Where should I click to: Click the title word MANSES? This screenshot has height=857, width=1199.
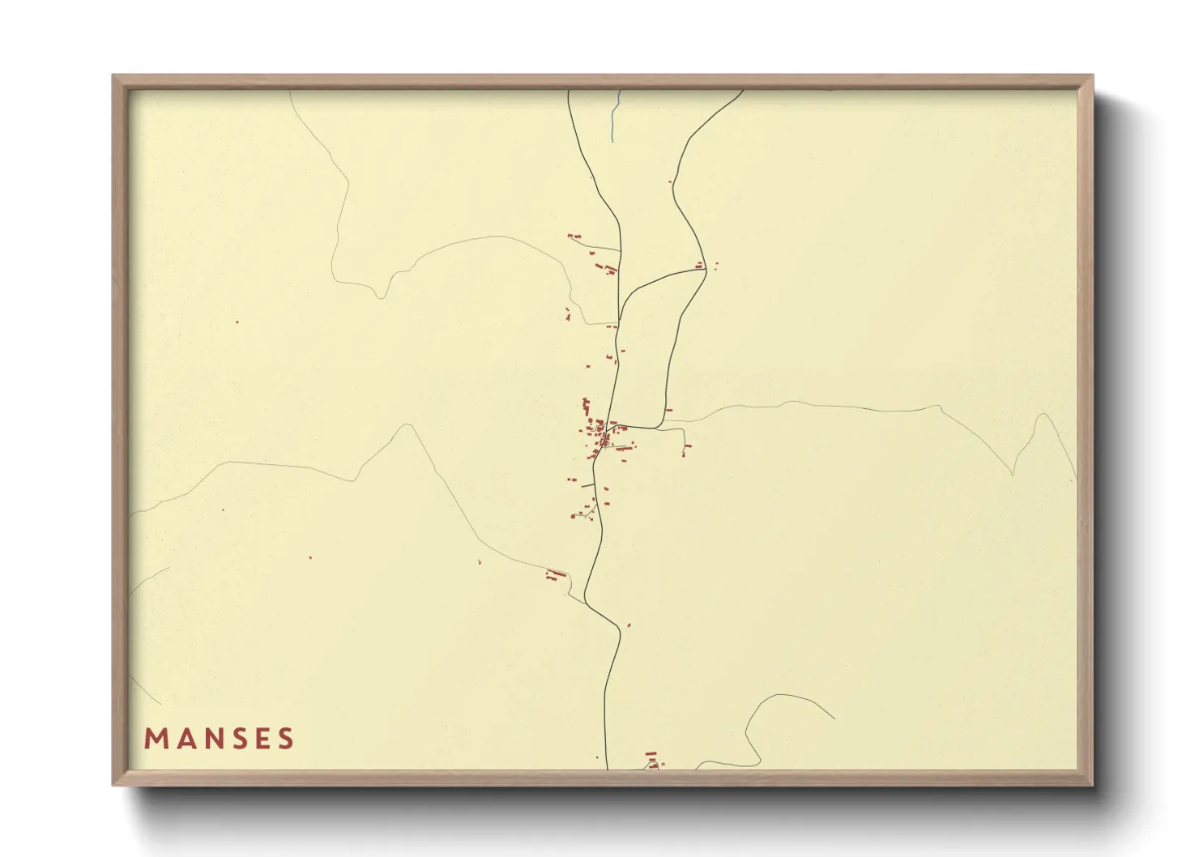(x=219, y=738)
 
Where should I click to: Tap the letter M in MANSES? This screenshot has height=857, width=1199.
(x=156, y=738)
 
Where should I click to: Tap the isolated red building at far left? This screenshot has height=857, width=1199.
(x=237, y=322)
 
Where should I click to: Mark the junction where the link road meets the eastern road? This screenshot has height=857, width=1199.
(x=706, y=270)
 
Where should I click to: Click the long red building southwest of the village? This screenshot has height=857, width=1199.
(x=556, y=574)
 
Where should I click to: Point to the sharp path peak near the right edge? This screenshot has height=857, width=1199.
(x=1043, y=416)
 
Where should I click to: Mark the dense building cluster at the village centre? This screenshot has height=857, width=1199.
(x=601, y=436)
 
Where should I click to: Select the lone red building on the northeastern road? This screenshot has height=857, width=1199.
(x=670, y=182)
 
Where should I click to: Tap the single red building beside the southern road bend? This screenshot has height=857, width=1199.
(x=629, y=625)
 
